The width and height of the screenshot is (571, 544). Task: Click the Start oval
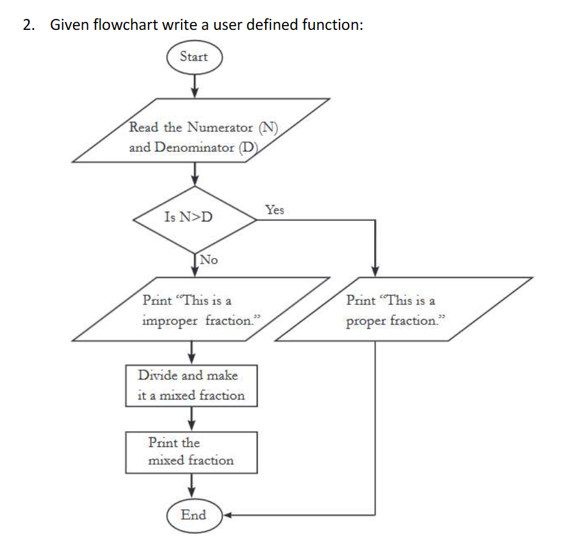[194, 57]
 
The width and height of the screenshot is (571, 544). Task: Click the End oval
[194, 515]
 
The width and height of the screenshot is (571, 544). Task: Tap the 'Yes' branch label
[275, 210]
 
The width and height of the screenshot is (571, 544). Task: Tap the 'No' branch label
[208, 260]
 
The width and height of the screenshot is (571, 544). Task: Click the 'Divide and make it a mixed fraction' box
[191, 385]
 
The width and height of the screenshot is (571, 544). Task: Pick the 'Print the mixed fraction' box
[191, 452]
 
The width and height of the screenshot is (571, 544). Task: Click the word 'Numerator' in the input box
[220, 127]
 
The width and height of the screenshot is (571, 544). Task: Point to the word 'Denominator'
[194, 148]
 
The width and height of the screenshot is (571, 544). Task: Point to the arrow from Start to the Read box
[194, 85]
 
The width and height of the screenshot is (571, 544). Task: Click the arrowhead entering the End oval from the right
[226, 515]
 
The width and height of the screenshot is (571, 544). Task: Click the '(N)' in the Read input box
[268, 127]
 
